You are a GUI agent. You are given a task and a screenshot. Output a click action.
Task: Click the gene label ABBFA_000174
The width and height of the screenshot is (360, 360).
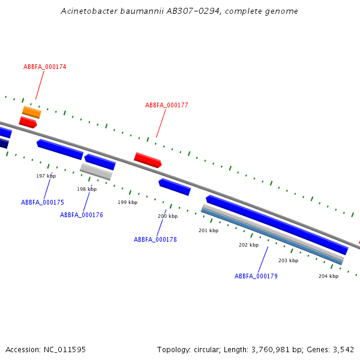[x=45, y=67]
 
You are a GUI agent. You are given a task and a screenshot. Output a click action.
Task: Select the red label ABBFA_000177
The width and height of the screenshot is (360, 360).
[x=167, y=105]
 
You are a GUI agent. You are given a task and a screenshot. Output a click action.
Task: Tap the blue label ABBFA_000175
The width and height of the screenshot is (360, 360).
[x=43, y=202]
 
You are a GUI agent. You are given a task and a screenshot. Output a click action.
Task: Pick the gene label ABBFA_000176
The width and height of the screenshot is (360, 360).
[x=82, y=215]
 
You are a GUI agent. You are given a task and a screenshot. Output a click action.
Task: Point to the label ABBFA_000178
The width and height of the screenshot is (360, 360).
[x=155, y=239]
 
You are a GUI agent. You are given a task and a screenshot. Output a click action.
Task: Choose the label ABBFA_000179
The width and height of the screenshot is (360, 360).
[x=256, y=276]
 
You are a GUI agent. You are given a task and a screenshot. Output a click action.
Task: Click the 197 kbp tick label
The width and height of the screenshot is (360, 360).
[x=46, y=176]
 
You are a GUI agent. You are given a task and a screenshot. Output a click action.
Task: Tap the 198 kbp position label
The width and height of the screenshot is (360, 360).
[x=86, y=189]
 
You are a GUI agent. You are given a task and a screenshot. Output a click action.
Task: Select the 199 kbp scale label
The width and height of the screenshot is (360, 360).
[x=127, y=202]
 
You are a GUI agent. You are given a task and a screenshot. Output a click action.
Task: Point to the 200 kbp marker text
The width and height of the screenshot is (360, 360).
[x=167, y=216]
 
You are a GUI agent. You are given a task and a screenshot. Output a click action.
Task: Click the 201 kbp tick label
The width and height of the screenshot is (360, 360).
[x=208, y=230]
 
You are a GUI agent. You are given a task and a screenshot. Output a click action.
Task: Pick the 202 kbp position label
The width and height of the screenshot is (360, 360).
[x=248, y=245]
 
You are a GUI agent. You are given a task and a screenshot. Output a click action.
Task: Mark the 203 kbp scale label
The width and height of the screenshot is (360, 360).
[x=288, y=260]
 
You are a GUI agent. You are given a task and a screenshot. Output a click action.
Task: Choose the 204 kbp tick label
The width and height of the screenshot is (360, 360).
[x=328, y=276]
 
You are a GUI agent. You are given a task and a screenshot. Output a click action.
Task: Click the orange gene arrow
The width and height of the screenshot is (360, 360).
[x=32, y=112]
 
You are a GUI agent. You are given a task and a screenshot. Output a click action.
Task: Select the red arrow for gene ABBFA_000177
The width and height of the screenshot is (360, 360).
[x=148, y=160]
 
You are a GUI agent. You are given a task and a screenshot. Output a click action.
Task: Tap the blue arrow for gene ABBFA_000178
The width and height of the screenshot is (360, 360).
[x=175, y=187]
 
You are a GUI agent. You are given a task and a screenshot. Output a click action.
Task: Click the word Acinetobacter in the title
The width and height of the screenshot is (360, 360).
[x=89, y=11]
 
